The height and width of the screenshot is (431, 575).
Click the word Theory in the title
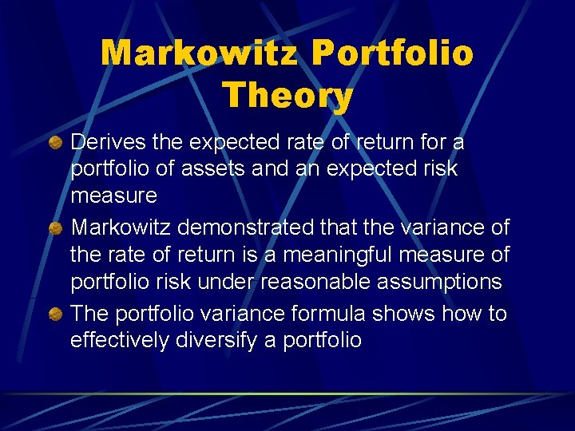click(x=287, y=95)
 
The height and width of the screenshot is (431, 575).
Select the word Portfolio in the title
click(x=392, y=53)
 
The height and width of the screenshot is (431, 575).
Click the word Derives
click(x=107, y=142)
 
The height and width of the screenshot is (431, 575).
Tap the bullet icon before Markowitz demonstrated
click(x=56, y=229)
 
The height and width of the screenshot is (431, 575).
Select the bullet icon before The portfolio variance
click(x=56, y=314)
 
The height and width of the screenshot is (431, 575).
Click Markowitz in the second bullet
click(x=121, y=228)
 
